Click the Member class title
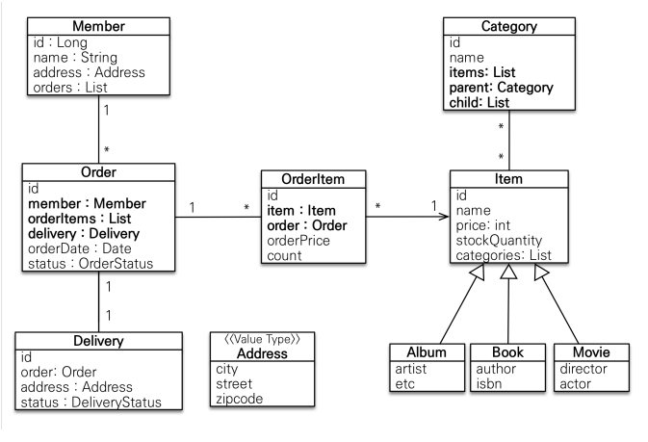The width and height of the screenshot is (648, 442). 98,26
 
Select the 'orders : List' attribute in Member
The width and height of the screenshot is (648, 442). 70,88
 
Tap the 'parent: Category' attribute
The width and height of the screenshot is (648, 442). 501,88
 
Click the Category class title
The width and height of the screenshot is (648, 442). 509,26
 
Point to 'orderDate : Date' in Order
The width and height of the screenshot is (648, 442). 79,248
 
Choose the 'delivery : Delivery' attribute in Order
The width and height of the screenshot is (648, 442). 84,234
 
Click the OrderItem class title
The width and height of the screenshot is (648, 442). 313,179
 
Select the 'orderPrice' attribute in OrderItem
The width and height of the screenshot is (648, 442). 298,241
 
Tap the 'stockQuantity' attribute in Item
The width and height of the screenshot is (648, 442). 499,240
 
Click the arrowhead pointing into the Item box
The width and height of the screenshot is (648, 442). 445,217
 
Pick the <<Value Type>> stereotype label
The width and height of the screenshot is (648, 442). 262,339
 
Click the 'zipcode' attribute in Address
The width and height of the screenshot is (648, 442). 240,399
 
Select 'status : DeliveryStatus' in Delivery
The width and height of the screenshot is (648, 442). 91,403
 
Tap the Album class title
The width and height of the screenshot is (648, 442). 427,352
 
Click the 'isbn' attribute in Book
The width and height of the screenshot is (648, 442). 489,383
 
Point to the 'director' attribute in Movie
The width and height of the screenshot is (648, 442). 583,369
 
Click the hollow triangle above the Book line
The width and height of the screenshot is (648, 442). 508,272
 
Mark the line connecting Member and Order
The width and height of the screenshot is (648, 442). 99,129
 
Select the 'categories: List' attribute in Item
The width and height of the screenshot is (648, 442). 504,255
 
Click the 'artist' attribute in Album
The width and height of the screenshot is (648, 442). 411,369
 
